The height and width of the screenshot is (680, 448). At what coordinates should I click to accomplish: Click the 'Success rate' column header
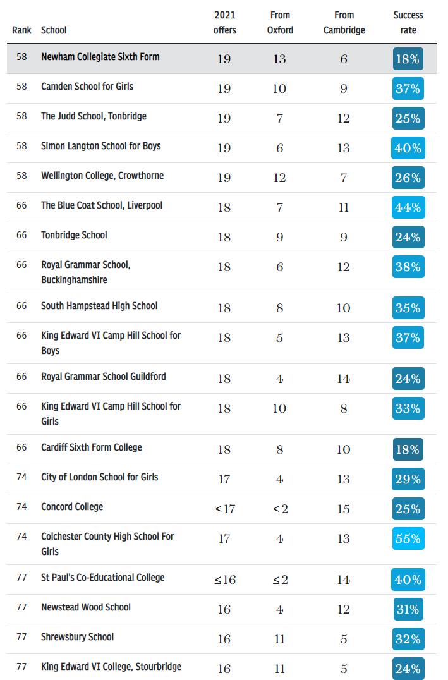click(408, 23)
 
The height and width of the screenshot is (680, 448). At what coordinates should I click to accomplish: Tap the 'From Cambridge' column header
click(344, 23)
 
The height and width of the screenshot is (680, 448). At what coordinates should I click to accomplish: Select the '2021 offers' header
click(224, 23)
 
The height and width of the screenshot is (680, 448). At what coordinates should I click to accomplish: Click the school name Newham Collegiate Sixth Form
click(100, 57)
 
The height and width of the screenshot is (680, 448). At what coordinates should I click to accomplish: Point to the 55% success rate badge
click(408, 539)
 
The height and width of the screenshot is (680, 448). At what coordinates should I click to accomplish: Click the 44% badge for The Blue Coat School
click(408, 207)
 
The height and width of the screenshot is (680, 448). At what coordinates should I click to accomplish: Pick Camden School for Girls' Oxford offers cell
click(279, 89)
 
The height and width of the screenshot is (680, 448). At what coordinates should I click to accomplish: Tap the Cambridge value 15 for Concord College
click(343, 509)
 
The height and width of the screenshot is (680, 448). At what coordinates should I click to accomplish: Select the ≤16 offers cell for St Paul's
click(224, 580)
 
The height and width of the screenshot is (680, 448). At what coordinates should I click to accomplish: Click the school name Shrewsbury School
click(77, 637)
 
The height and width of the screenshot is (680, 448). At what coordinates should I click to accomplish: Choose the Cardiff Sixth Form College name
click(91, 447)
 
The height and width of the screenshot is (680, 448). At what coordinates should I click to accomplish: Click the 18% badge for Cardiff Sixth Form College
click(408, 450)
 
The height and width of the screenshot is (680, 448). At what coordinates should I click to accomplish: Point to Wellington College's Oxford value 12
click(279, 178)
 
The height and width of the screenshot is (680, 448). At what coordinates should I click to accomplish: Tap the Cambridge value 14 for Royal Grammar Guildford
click(343, 379)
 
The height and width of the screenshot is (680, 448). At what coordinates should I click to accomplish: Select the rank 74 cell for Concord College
click(22, 507)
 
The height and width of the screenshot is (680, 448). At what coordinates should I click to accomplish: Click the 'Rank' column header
click(21, 30)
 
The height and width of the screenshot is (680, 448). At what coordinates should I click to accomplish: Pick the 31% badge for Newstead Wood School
click(408, 610)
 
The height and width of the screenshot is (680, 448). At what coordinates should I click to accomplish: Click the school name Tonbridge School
click(74, 235)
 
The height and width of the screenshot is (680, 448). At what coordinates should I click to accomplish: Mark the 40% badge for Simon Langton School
click(408, 149)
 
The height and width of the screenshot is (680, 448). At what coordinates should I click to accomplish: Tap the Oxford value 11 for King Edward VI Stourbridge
click(279, 669)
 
